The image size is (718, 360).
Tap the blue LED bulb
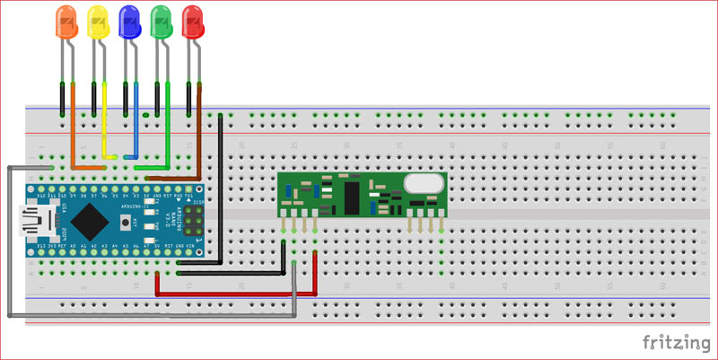[x=128, y=21]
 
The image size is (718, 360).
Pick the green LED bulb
[x=161, y=21]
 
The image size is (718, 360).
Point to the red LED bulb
[x=192, y=21]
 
